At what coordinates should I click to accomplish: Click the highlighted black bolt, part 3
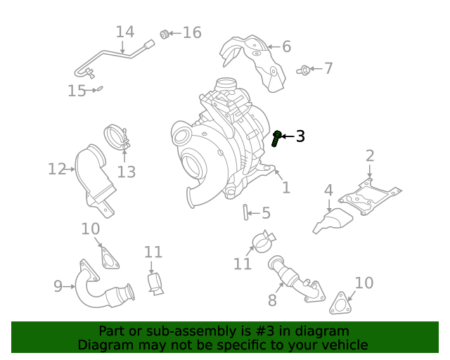276,138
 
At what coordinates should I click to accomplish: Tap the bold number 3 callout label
300,136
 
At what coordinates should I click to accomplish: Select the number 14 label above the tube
124,32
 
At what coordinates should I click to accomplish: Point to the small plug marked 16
165,33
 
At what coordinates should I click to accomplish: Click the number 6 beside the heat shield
286,47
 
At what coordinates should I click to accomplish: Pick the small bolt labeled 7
304,69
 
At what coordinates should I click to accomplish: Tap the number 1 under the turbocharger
285,188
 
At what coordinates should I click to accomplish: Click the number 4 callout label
328,191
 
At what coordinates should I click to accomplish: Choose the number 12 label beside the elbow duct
57,169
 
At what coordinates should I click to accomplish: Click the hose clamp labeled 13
116,138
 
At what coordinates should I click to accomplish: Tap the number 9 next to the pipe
58,285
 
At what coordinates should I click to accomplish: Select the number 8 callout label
273,301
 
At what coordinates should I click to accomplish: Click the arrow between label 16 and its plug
176,33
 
